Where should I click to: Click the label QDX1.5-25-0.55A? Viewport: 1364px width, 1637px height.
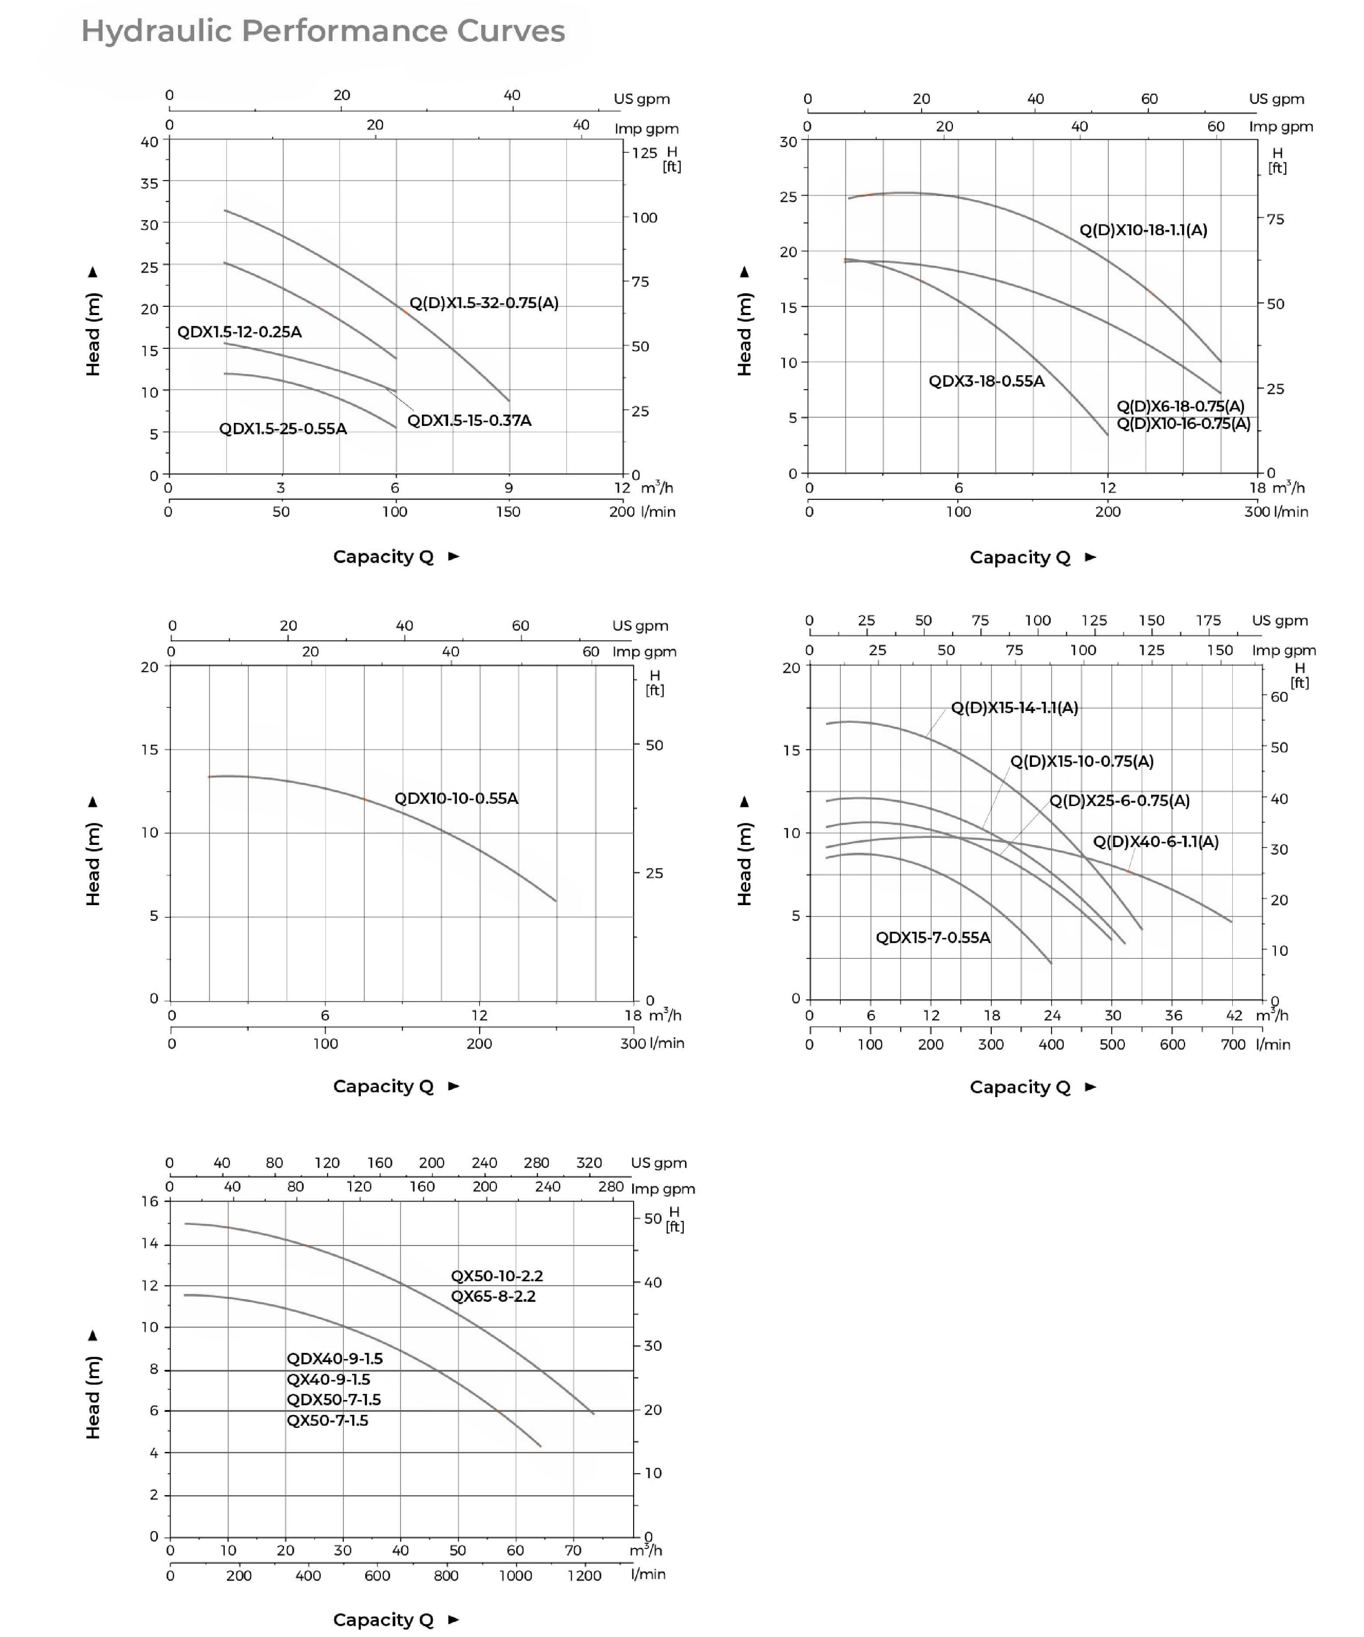click(283, 429)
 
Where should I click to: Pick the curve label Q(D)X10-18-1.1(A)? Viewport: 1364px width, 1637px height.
click(1143, 230)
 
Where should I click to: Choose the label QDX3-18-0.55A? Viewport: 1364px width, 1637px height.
click(986, 381)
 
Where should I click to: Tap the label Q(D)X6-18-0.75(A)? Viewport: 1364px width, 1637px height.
click(1180, 406)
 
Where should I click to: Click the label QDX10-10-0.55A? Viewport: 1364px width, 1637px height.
click(456, 798)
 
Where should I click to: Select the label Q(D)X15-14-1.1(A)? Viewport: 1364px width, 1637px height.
click(1014, 708)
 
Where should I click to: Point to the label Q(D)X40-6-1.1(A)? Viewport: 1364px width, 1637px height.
click(1155, 842)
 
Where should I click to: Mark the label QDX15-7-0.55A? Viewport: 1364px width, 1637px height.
click(932, 938)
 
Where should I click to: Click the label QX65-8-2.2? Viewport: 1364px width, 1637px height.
click(494, 1296)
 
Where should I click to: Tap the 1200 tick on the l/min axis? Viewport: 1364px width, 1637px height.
click(584, 1575)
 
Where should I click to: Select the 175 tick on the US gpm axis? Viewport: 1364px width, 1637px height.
click(1208, 621)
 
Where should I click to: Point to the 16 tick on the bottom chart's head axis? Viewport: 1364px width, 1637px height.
click(150, 1201)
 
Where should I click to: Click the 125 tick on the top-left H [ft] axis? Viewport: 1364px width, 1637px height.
click(644, 153)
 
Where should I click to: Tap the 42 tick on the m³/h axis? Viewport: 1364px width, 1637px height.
click(1234, 1015)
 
